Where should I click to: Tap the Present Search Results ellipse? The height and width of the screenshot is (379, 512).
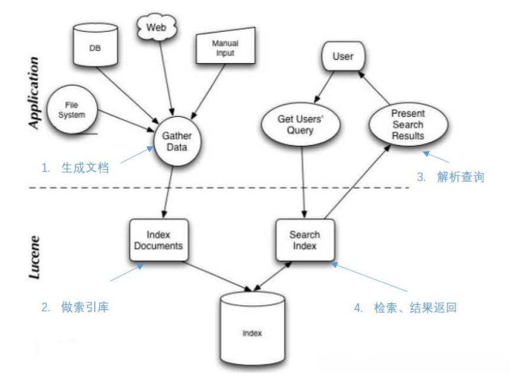click(407, 123)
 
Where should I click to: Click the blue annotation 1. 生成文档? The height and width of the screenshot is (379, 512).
click(77, 169)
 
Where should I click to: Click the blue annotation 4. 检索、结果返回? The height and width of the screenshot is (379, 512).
click(407, 308)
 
